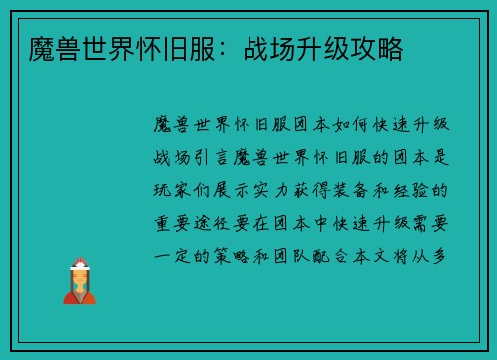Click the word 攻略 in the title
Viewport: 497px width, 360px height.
click(x=379, y=47)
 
